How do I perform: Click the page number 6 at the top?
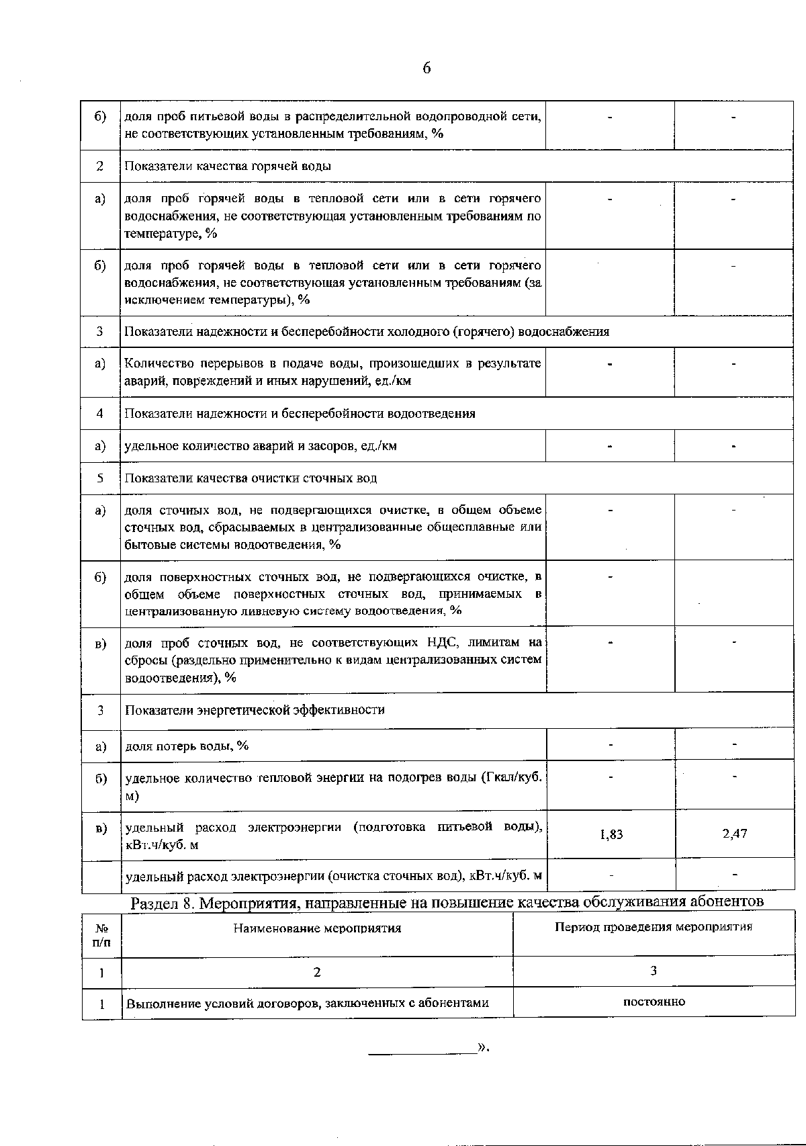pyautogui.click(x=427, y=69)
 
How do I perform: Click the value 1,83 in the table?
pyautogui.click(x=611, y=834)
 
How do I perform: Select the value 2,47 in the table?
pyautogui.click(x=735, y=834)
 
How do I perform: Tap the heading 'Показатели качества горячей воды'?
pyautogui.click(x=228, y=166)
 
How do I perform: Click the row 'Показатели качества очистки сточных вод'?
pyautogui.click(x=251, y=478)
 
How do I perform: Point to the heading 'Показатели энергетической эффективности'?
pyautogui.click(x=255, y=710)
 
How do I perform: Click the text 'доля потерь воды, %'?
pyautogui.click(x=187, y=746)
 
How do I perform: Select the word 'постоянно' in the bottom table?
pyautogui.click(x=654, y=1002)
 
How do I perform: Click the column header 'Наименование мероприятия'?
pyautogui.click(x=317, y=928)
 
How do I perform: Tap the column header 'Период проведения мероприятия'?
pyautogui.click(x=654, y=927)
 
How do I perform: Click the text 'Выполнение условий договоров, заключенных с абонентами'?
pyautogui.click(x=307, y=1004)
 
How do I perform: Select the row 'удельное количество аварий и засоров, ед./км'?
pyautogui.click(x=261, y=446)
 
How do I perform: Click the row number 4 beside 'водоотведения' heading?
pyautogui.click(x=100, y=414)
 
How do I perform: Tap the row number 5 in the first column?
pyautogui.click(x=100, y=478)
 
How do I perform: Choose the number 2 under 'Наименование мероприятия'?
pyautogui.click(x=317, y=971)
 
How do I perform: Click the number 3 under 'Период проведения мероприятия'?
pyautogui.click(x=654, y=971)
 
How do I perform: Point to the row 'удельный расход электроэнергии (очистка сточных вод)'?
pyautogui.click(x=333, y=876)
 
